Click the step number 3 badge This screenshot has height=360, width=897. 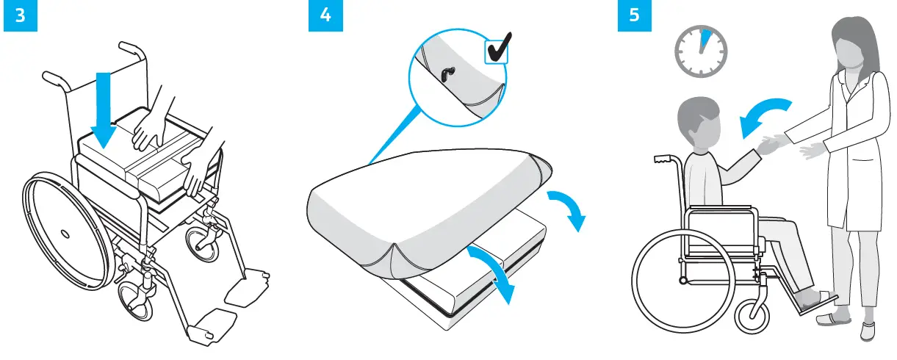[x=18, y=17]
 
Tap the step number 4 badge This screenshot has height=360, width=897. [x=325, y=17]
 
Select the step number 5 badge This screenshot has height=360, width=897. [x=634, y=17]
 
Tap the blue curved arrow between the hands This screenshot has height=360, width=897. [x=764, y=116]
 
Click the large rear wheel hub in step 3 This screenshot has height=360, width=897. [x=63, y=234]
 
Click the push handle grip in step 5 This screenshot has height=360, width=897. [x=663, y=159]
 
